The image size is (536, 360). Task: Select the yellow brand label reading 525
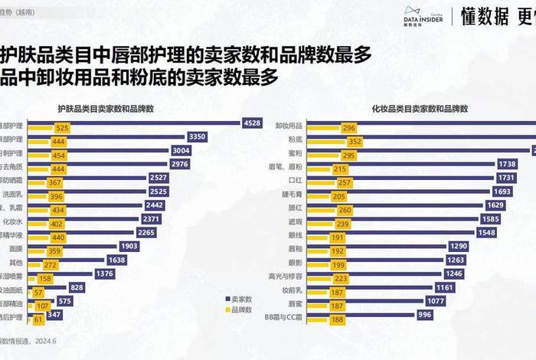coord(63,128)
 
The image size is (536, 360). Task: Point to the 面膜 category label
coord(37,250)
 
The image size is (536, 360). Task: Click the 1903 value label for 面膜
coord(130,246)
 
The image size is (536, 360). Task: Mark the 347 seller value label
coord(75,315)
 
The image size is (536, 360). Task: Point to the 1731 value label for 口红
coord(506,177)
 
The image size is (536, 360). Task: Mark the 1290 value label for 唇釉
coord(458,246)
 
